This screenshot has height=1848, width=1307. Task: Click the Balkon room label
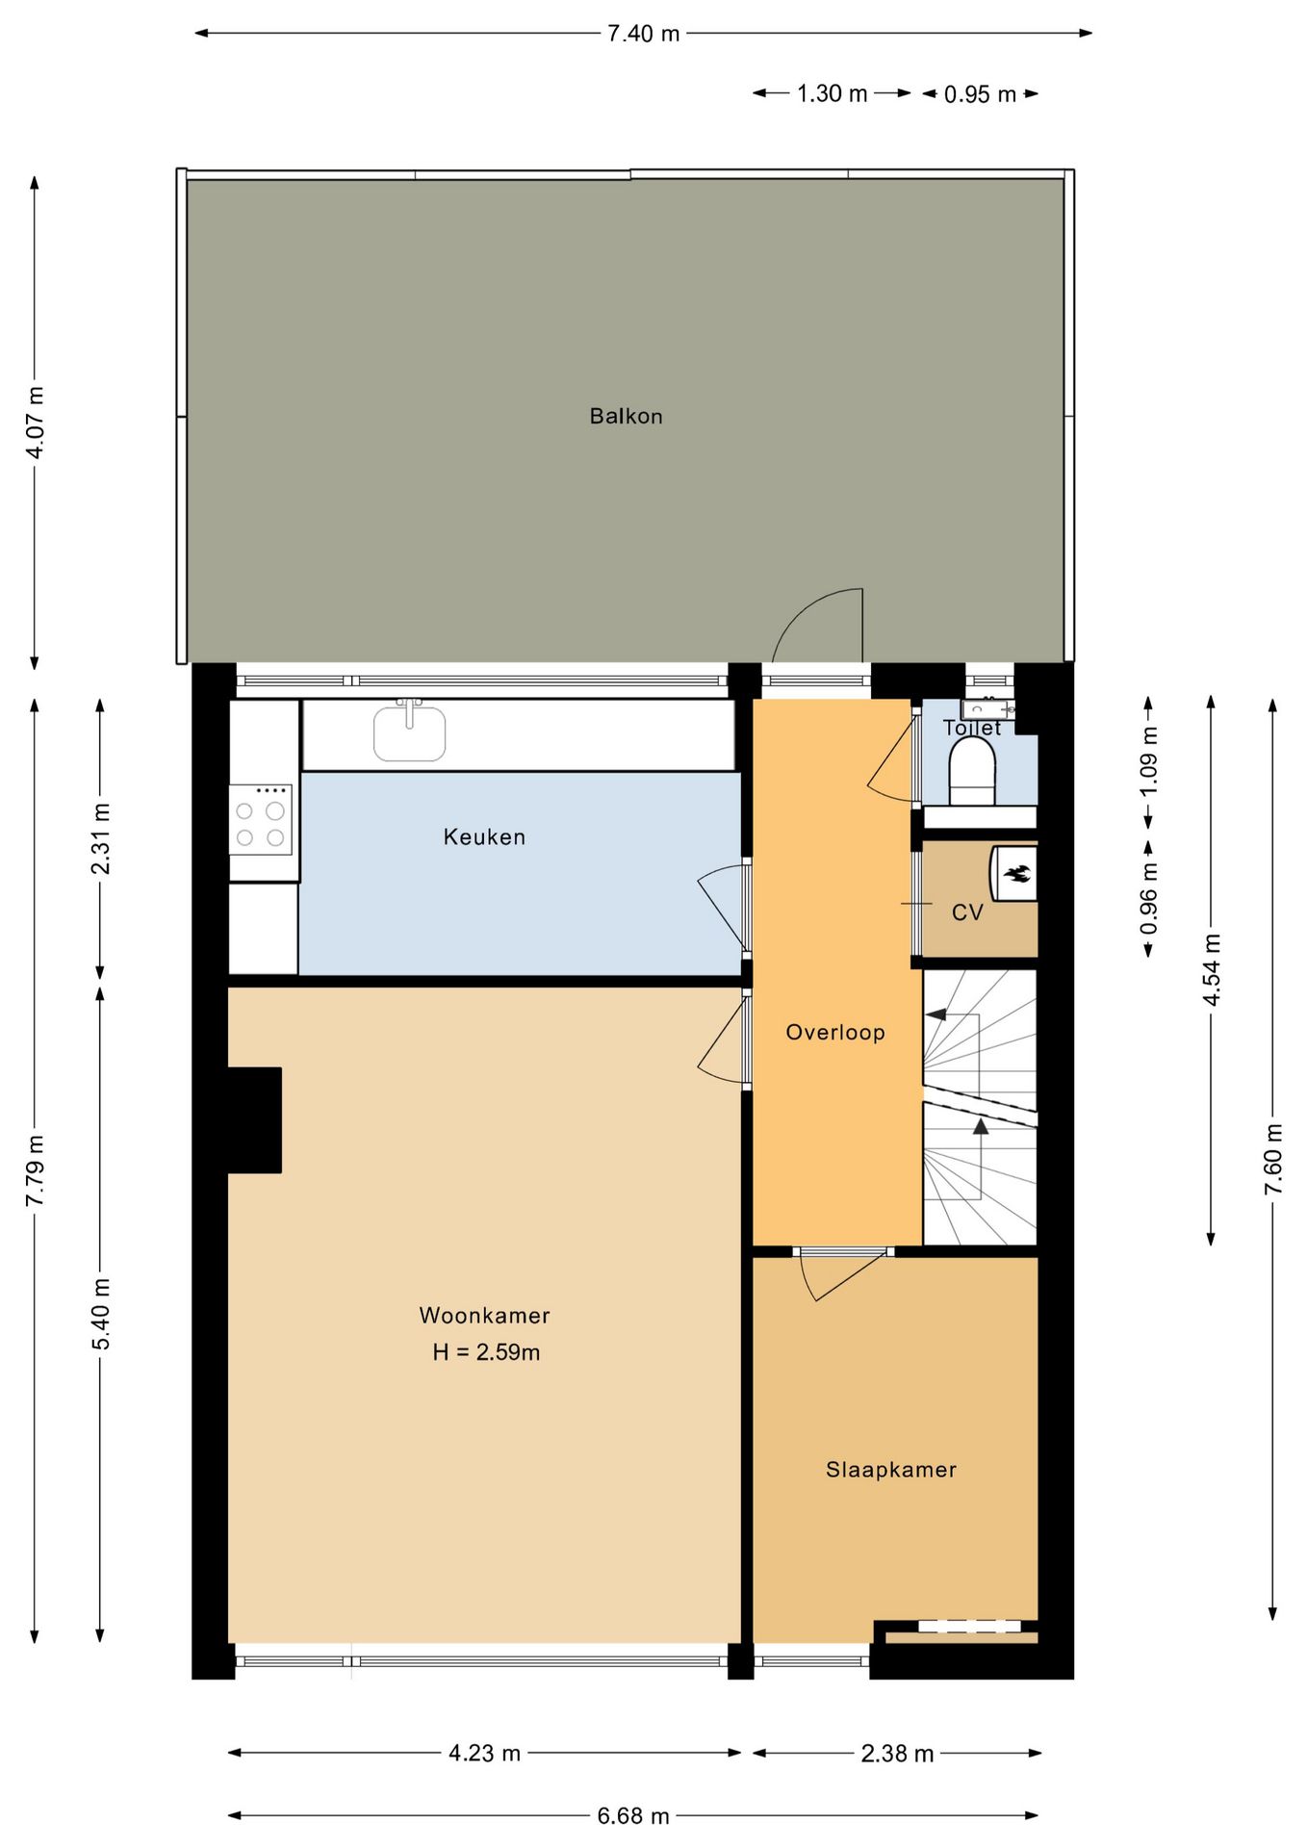(626, 417)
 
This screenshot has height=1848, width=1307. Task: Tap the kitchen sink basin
(410, 734)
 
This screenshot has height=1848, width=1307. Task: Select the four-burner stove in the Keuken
(260, 819)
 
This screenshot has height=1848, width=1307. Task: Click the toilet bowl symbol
(972, 776)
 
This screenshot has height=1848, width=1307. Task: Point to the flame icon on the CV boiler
(1017, 874)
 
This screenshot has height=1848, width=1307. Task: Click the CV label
(967, 912)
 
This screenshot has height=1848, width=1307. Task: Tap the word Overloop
(834, 1033)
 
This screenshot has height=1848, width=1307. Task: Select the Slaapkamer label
(891, 1470)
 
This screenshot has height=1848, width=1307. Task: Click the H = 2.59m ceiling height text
(486, 1352)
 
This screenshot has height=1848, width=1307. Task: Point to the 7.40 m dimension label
(643, 35)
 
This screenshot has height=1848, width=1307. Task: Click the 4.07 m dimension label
(36, 423)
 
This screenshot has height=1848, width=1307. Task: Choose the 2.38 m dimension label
(897, 1754)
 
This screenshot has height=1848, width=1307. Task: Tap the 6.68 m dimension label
(633, 1816)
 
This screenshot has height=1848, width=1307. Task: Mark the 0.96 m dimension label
(1148, 898)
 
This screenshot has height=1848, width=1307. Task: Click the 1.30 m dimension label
(832, 94)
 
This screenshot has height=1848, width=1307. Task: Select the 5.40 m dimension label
(101, 1314)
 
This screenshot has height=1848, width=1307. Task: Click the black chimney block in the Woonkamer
(255, 1119)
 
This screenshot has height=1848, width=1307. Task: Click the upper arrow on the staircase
(936, 1014)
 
